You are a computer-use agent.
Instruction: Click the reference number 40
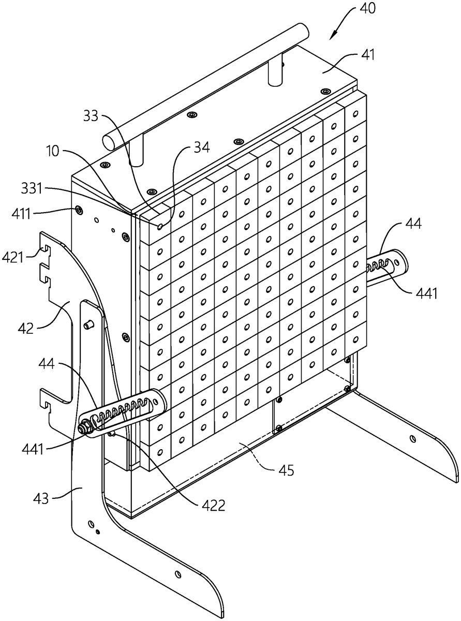coord(367,9)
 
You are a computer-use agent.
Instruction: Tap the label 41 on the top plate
coord(367,55)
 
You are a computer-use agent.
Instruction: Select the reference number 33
coord(91,115)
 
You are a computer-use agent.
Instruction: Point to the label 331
coord(32,188)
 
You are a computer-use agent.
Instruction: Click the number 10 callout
coord(53,152)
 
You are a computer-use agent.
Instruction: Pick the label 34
coord(202,146)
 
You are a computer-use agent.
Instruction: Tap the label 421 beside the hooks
coord(12,257)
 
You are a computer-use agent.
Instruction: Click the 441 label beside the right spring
coord(426,293)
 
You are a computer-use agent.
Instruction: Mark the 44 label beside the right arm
coord(413,224)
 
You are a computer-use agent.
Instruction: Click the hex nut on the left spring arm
coord(83,428)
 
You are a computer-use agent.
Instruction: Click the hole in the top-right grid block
coord(355,114)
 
